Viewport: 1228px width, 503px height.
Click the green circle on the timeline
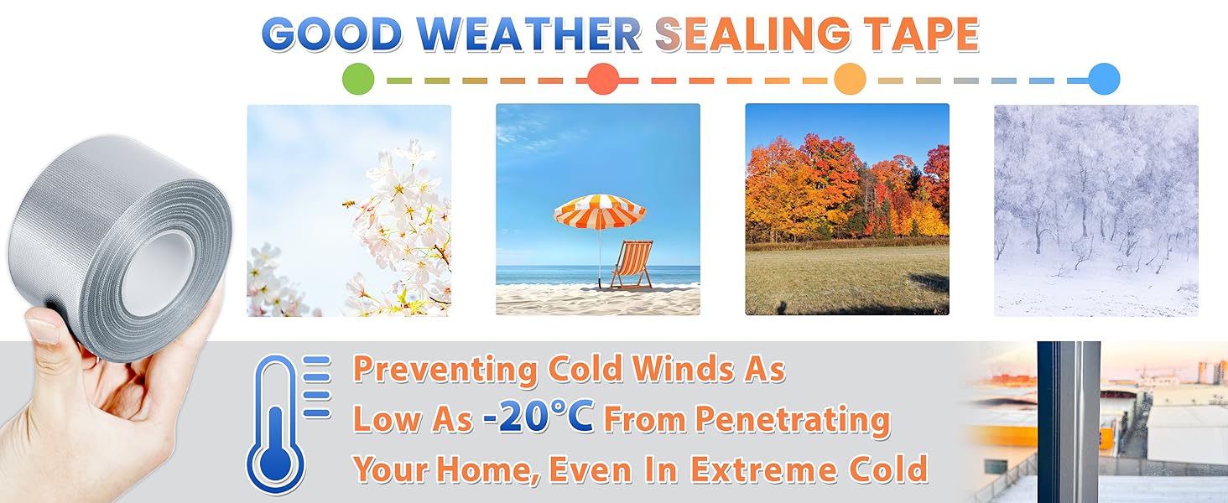[358, 79]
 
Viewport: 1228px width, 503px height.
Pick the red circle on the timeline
[603, 79]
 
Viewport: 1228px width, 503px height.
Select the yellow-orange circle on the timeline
[850, 79]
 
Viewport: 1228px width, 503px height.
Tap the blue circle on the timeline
[1105, 79]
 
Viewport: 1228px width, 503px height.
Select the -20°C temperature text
[539, 417]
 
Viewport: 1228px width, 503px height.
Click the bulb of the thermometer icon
[275, 460]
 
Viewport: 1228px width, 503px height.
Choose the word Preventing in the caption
[445, 370]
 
